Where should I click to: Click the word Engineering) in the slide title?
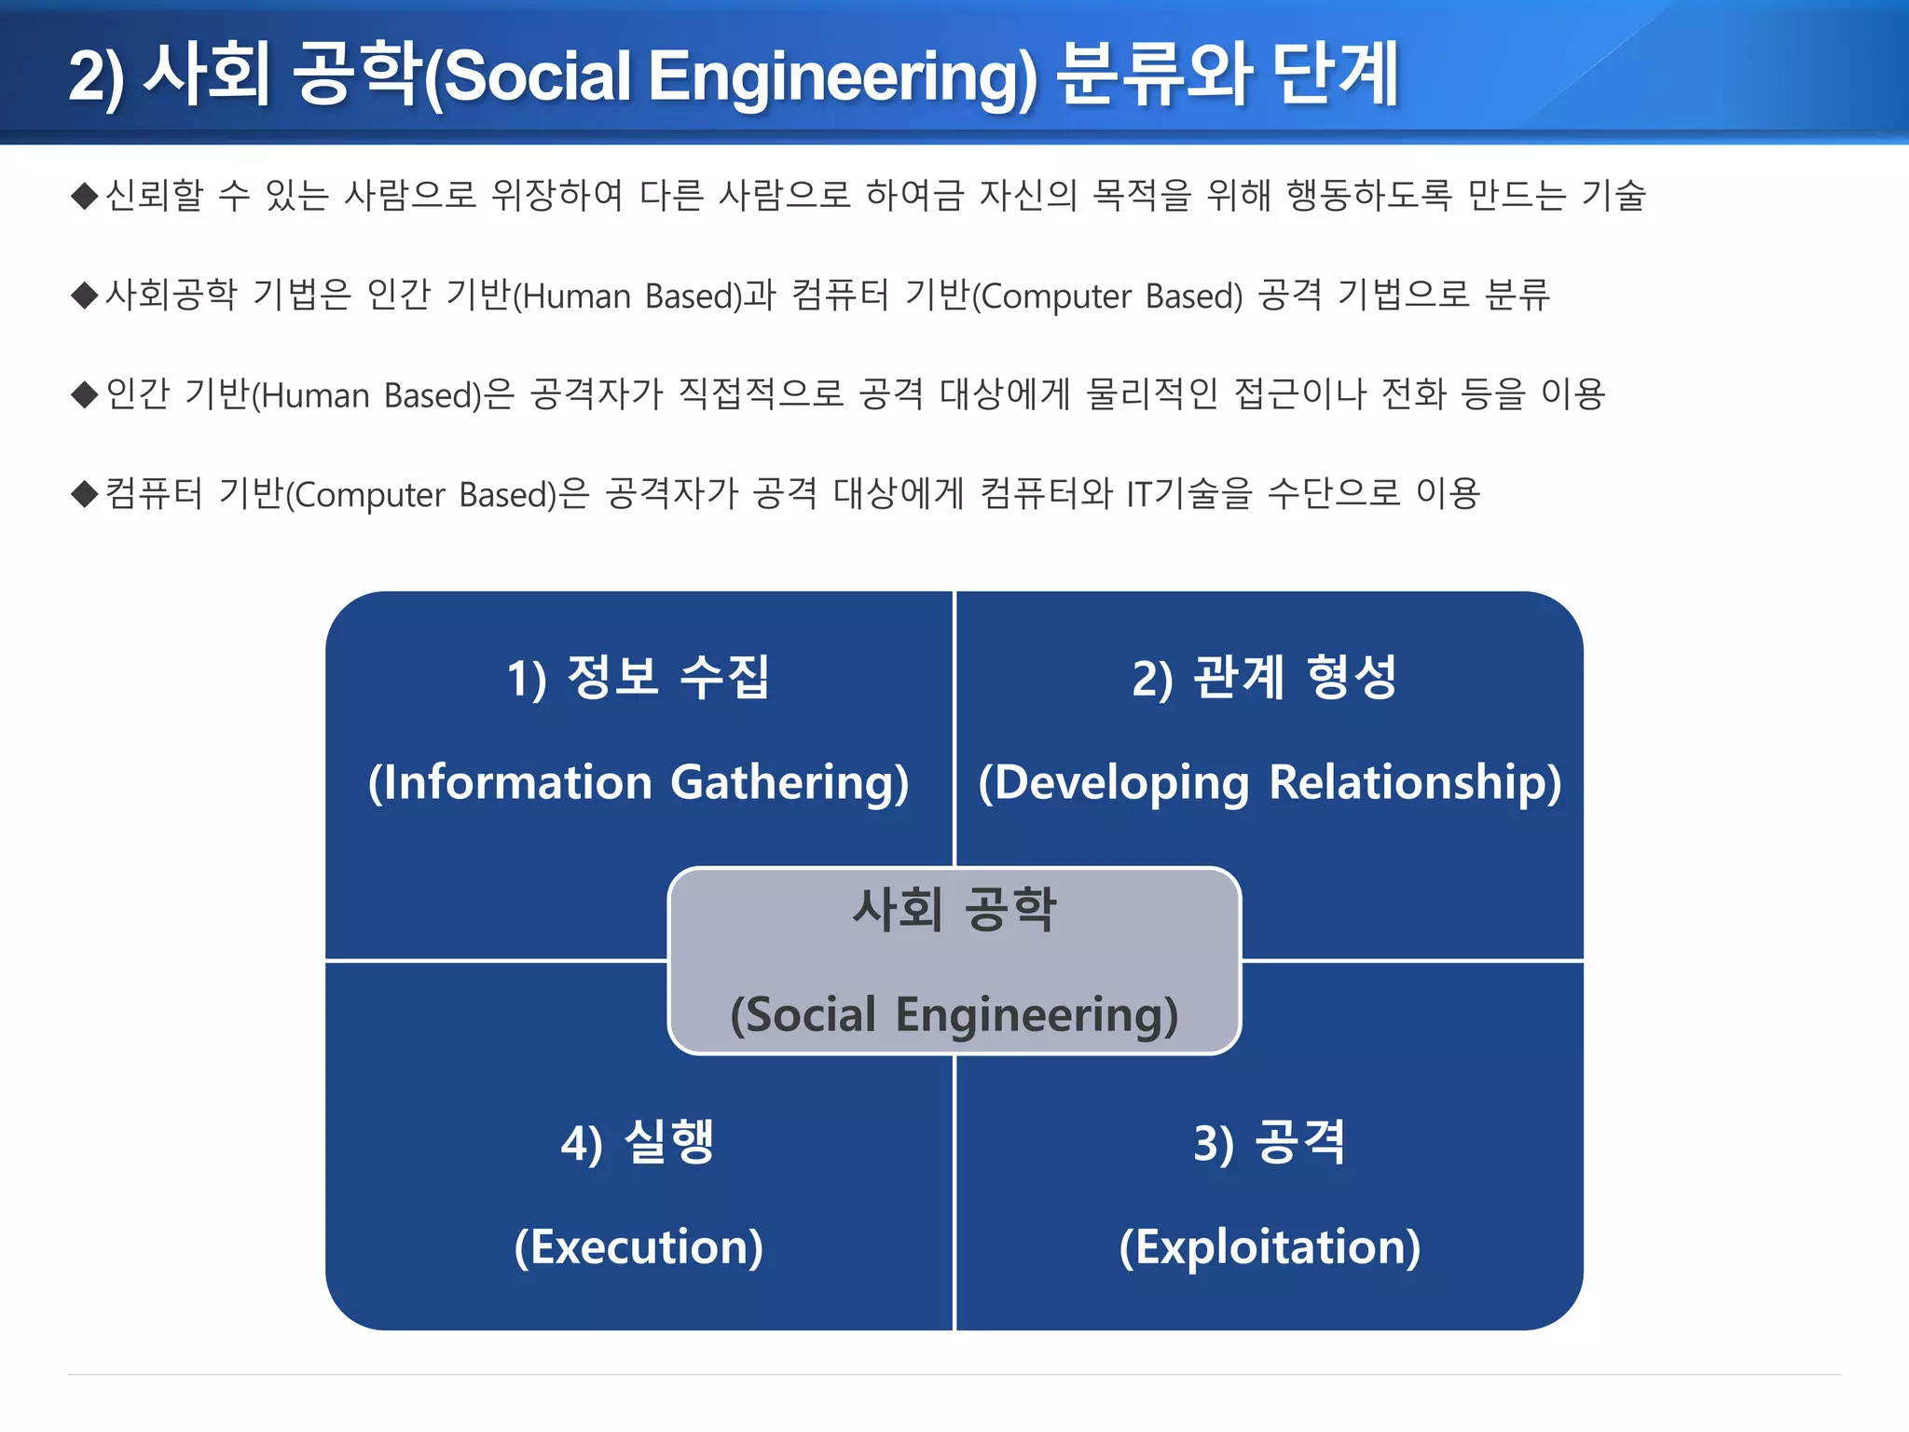pyautogui.click(x=842, y=76)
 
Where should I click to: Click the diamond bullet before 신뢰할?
pyautogui.click(x=85, y=196)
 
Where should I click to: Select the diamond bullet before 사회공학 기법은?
pyautogui.click(x=85, y=296)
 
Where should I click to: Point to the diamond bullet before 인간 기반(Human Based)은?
pyautogui.click(x=85, y=394)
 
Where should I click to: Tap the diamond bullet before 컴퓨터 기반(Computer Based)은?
pyautogui.click(x=85, y=493)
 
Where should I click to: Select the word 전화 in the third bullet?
pyautogui.click(x=1413, y=393)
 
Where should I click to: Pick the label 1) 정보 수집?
pyautogui.click(x=639, y=677)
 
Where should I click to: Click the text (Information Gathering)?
pyautogui.click(x=639, y=782)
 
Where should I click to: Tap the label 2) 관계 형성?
pyautogui.click(x=1265, y=677)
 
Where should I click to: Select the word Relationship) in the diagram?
pyautogui.click(x=1415, y=782)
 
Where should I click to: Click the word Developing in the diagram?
pyautogui.click(x=1114, y=782)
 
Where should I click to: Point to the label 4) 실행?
pyautogui.click(x=639, y=1143)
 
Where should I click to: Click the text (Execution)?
pyautogui.click(x=639, y=1247)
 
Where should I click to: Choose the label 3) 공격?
pyautogui.click(x=1270, y=1143)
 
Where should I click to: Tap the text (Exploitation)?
pyautogui.click(x=1270, y=1247)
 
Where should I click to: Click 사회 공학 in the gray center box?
pyautogui.click(x=954, y=910)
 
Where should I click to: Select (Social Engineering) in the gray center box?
pyautogui.click(x=954, y=1014)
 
